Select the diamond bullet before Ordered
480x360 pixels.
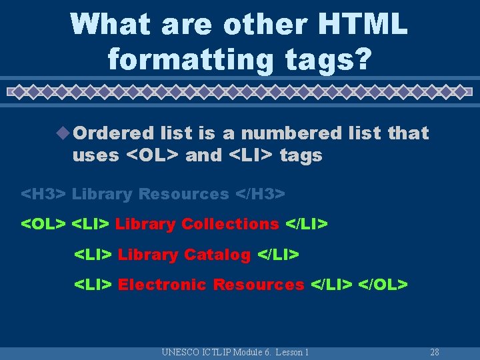coord(64,133)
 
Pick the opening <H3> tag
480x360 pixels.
coord(43,194)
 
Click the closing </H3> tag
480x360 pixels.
coord(261,194)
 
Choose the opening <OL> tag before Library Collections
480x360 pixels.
coord(43,224)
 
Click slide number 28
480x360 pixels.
coord(435,352)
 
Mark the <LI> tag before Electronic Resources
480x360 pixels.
coord(93,285)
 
